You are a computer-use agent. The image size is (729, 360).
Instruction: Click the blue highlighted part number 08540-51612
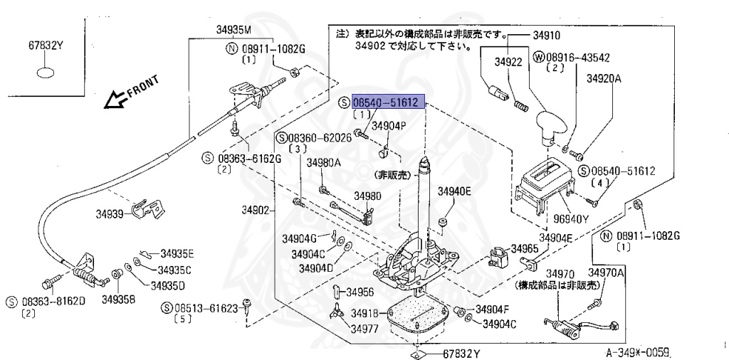pos(389,102)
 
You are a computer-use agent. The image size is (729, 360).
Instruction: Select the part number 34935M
pos(234,30)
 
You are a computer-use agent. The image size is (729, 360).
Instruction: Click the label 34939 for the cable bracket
pos(110,213)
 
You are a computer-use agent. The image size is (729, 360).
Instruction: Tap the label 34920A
pos(604,79)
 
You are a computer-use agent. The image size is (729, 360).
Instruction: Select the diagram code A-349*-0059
pos(639,351)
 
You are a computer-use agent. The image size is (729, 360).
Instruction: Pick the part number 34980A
pos(324,162)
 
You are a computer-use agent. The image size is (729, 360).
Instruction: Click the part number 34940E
pos(454,191)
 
